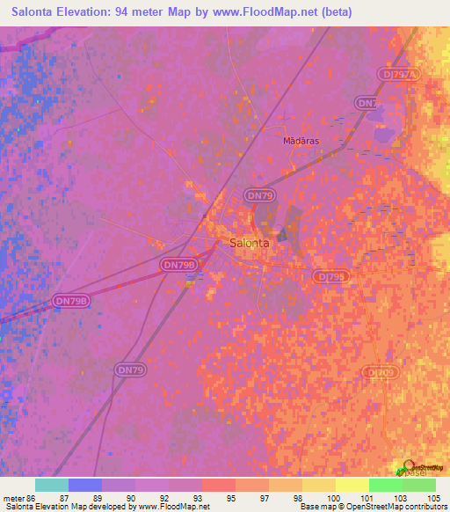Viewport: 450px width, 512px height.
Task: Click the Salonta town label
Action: [249, 243]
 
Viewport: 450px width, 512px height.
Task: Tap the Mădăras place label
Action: [299, 140]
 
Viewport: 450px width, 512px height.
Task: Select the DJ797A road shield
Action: [398, 75]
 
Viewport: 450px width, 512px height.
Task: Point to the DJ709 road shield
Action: [381, 373]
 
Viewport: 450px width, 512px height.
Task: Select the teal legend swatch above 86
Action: [52, 485]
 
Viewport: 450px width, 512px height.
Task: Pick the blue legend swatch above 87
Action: [85, 485]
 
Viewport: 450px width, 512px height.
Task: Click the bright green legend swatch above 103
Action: [385, 485]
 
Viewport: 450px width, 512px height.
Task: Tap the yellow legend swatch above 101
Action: [352, 485]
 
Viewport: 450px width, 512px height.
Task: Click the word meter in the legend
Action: [13, 498]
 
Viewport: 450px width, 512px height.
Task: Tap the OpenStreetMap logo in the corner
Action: [422, 468]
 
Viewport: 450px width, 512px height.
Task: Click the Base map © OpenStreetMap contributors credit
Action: [372, 507]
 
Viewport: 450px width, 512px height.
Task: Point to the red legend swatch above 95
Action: [218, 485]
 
